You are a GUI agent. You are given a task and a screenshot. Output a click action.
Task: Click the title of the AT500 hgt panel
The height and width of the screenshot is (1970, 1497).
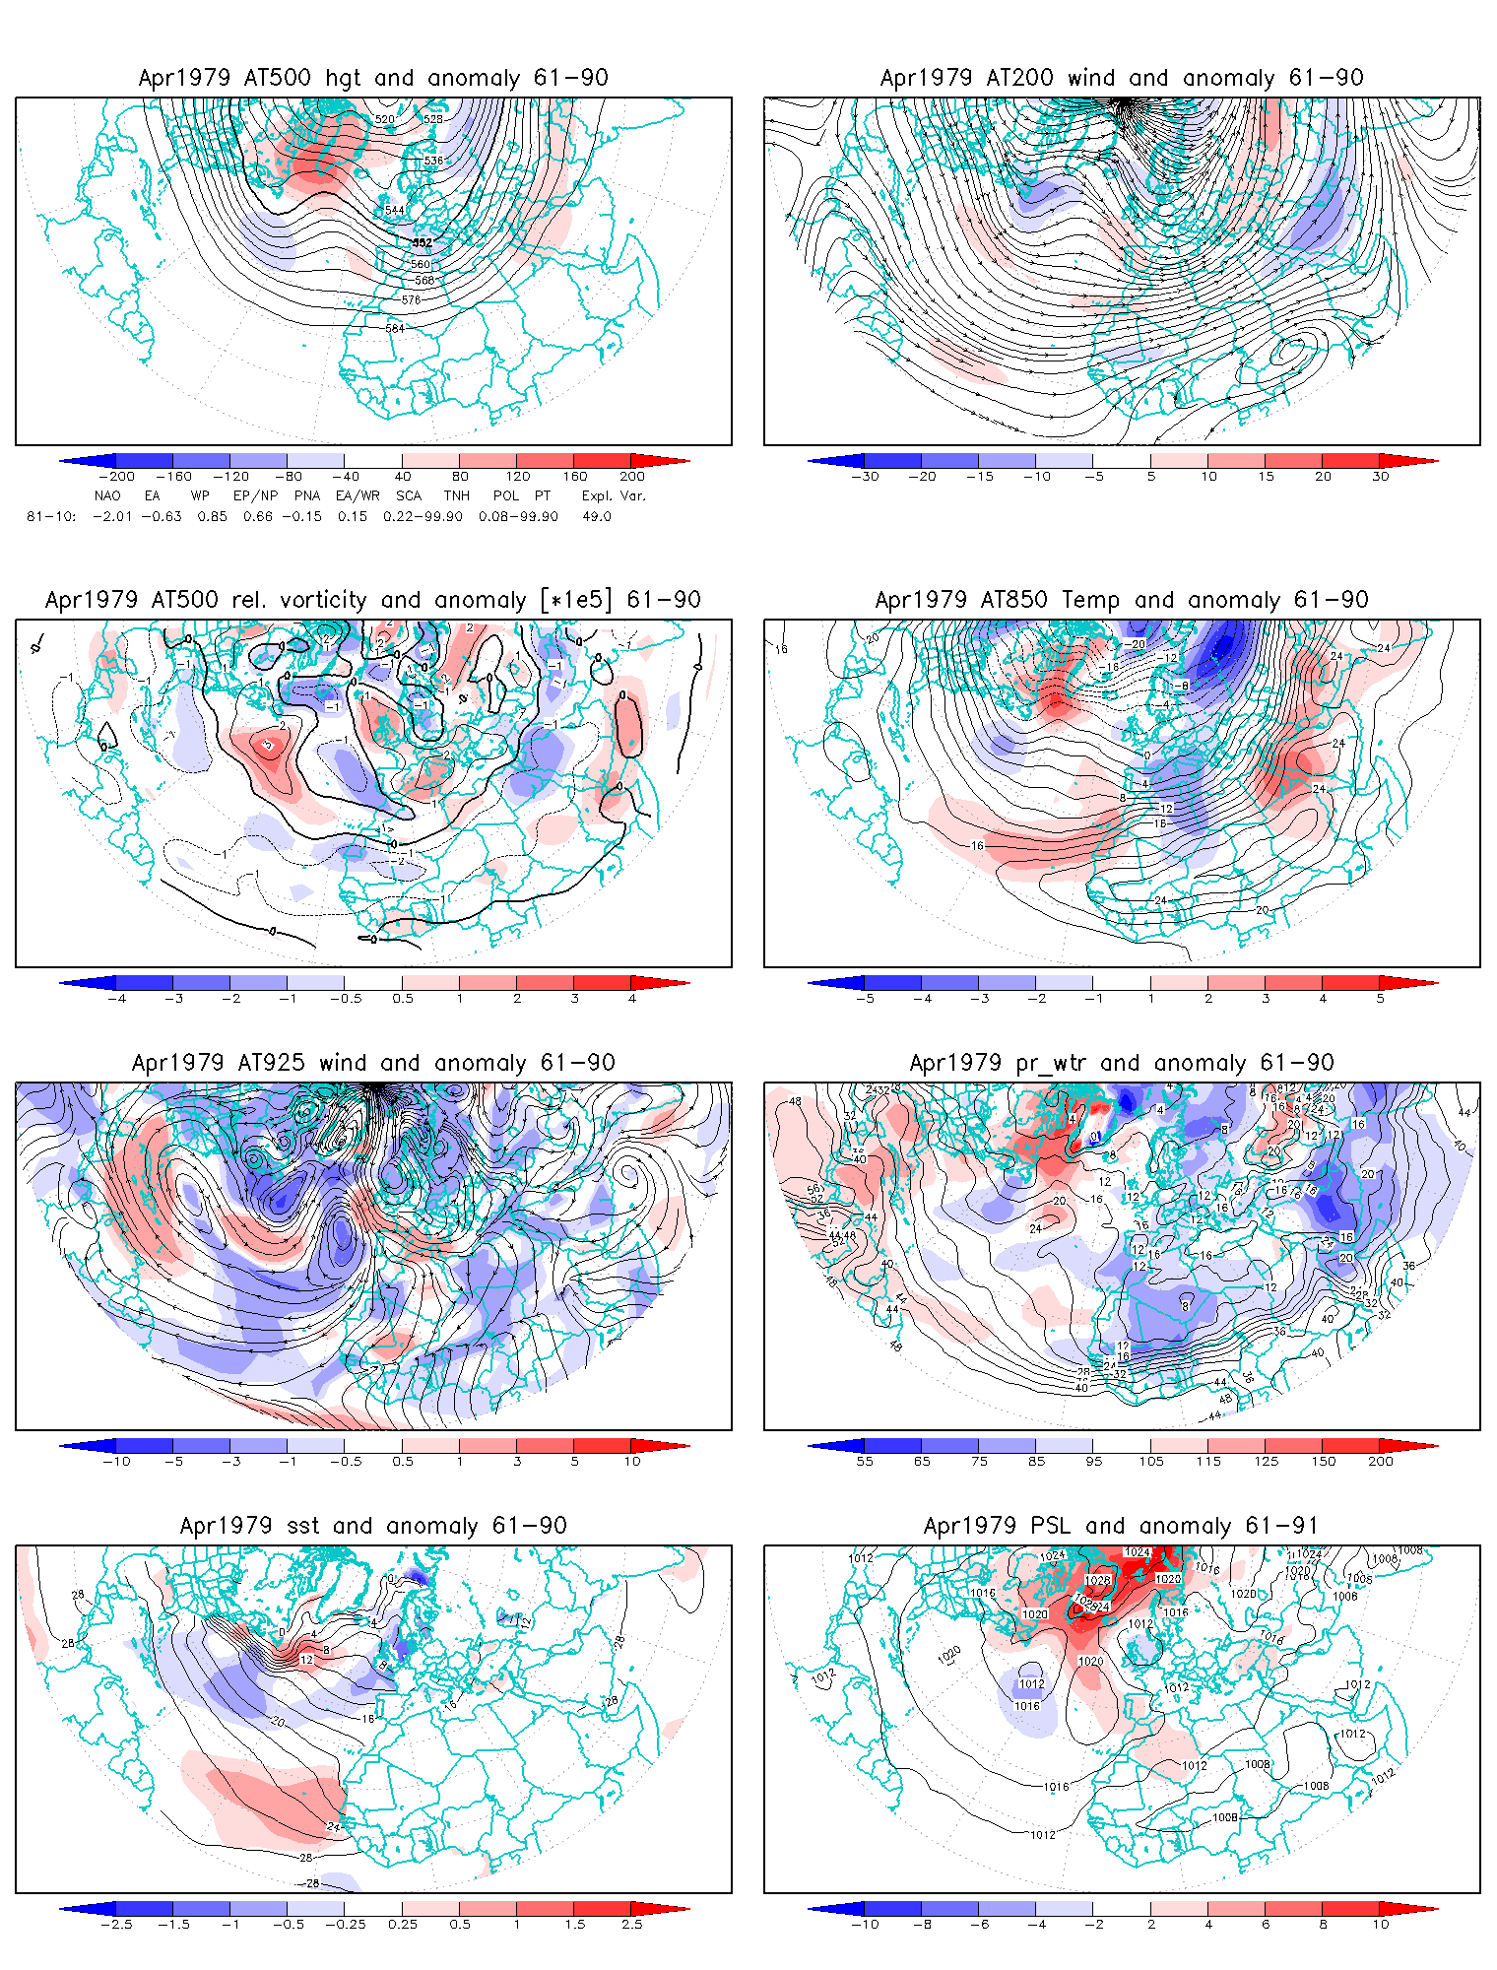(373, 78)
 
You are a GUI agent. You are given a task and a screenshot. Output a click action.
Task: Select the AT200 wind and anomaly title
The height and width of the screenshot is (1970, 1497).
(1122, 78)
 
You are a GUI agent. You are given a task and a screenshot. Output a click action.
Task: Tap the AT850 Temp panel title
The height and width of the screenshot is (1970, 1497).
(1122, 600)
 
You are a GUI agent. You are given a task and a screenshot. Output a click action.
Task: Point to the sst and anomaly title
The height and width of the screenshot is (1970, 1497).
(373, 1526)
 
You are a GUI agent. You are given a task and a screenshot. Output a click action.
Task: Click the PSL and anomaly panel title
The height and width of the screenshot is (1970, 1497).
(1122, 1526)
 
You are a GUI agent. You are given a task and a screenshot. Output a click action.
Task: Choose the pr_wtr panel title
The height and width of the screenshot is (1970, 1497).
(1122, 1063)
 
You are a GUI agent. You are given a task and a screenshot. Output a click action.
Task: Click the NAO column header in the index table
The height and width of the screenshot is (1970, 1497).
(107, 495)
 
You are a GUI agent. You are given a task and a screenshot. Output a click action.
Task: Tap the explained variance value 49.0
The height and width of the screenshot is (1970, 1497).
(596, 516)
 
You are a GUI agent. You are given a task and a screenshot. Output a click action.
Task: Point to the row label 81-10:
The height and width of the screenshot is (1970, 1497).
(51, 516)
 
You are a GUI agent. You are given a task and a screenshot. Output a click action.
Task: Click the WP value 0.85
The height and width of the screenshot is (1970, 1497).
(212, 516)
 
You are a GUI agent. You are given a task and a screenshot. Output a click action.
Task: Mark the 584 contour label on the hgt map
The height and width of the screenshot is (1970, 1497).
(395, 328)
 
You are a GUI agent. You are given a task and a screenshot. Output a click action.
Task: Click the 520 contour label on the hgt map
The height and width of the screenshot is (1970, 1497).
(384, 119)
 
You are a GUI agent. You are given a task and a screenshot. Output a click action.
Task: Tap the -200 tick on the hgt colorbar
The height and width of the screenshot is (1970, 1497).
(116, 476)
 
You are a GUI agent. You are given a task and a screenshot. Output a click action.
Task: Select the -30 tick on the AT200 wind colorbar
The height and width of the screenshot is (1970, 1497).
(865, 476)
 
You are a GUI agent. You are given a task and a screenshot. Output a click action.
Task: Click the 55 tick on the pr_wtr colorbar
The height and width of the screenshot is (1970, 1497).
(865, 1461)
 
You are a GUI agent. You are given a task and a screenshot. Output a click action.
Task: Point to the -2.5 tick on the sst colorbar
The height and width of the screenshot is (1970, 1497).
(116, 1924)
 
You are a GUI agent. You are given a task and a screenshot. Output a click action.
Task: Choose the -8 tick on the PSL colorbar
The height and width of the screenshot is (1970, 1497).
(922, 1924)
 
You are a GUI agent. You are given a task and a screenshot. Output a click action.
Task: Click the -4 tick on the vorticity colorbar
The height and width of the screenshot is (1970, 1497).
(116, 998)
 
